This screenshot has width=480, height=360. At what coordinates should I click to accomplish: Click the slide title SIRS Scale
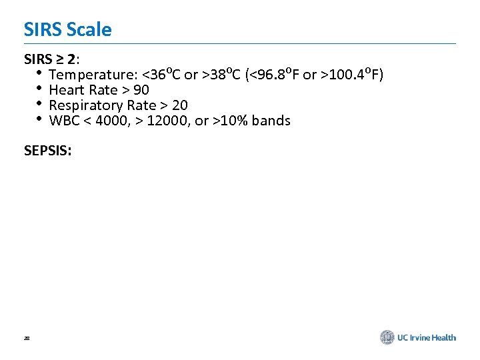pyautogui.click(x=67, y=29)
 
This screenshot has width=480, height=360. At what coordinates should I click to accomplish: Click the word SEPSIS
pyautogui.click(x=47, y=151)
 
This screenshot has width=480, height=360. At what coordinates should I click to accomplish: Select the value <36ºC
pyautogui.click(x=163, y=74)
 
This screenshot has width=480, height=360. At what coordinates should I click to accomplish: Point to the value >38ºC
pyautogui.click(x=221, y=74)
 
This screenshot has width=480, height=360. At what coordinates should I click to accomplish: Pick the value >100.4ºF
pyautogui.click(x=350, y=74)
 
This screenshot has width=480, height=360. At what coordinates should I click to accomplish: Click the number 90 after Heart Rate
pyautogui.click(x=141, y=90)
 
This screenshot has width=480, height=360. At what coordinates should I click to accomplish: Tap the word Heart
pyautogui.click(x=65, y=90)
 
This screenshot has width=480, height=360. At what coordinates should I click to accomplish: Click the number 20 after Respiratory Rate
pyautogui.click(x=180, y=105)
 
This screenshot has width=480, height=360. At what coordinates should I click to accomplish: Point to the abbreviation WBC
pyautogui.click(x=64, y=121)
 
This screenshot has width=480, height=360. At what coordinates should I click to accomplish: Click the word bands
pyautogui.click(x=271, y=121)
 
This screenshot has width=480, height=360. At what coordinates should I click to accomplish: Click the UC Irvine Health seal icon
pyautogui.click(x=387, y=337)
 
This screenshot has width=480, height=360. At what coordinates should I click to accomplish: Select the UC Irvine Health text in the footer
pyautogui.click(x=427, y=338)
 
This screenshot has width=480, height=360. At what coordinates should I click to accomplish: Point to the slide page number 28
pyautogui.click(x=26, y=339)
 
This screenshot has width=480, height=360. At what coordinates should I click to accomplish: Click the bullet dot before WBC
pyautogui.click(x=39, y=120)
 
